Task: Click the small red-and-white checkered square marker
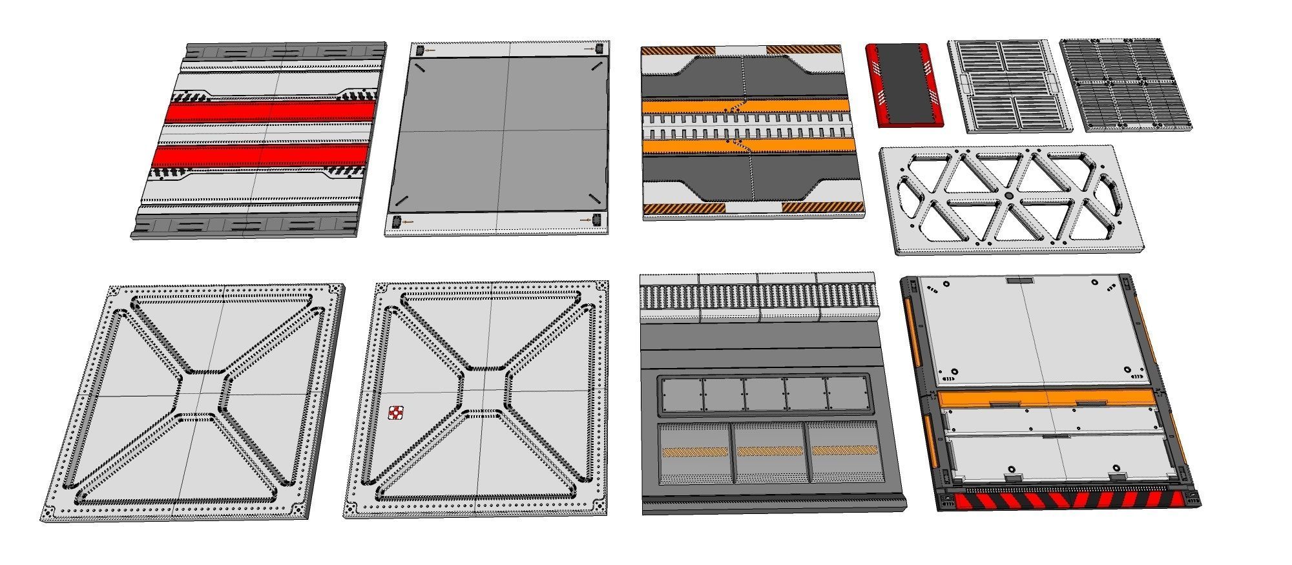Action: point(395,413)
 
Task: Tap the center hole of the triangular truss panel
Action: point(1008,196)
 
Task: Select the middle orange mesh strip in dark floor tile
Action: point(769,451)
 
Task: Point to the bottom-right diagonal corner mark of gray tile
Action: point(592,198)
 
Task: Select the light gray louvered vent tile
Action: point(1009,86)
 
